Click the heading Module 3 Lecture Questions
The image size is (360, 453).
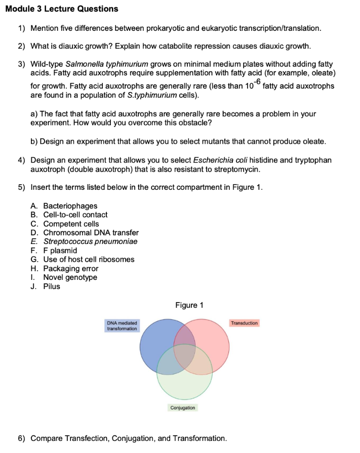pos(61,9)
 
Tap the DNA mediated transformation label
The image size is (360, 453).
pos(122,325)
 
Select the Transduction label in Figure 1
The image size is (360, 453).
pos(244,323)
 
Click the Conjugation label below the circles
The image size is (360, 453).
pos(183,407)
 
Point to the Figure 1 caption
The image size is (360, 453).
pos(189,305)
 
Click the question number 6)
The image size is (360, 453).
pos(22,438)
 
